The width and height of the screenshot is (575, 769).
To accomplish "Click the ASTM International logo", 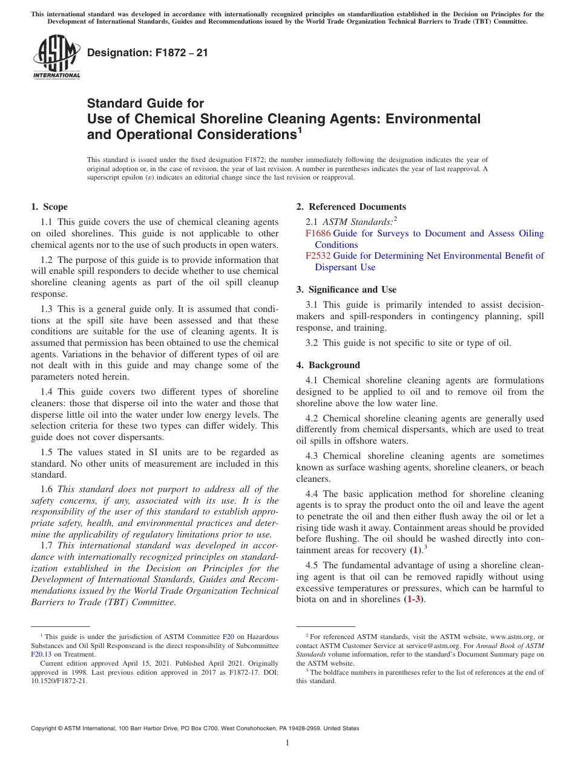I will (x=56, y=57).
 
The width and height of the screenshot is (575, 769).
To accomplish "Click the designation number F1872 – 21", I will (x=148, y=53).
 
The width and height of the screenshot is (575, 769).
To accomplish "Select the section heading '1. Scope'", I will (x=50, y=207).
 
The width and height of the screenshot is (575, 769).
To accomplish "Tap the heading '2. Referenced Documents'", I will (x=351, y=207).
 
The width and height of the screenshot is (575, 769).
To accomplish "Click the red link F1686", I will (x=318, y=233).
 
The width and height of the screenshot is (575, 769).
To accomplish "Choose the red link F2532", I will (x=318, y=256).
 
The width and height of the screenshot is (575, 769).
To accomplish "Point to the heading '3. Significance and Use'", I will (x=346, y=290).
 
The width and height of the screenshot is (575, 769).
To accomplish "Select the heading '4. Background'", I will (x=328, y=365).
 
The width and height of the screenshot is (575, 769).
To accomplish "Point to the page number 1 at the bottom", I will (x=287, y=743).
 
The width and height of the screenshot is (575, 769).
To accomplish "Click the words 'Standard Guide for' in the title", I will (x=145, y=103).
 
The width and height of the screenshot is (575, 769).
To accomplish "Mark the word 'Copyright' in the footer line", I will (x=46, y=728).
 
